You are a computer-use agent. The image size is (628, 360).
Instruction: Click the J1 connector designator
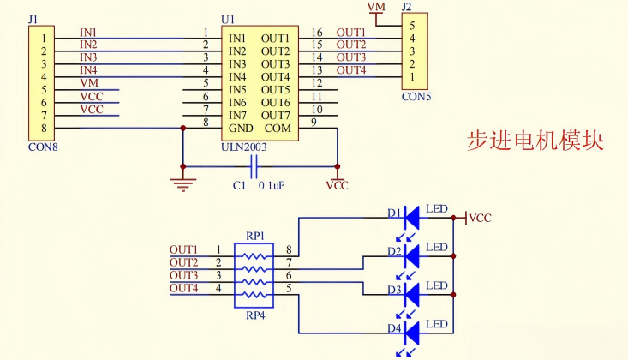pyautogui.click(x=33, y=18)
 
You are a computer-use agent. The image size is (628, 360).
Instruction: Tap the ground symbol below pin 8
pyautogui.click(x=182, y=181)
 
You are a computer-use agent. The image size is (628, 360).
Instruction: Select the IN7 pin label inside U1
pyautogui.click(x=237, y=116)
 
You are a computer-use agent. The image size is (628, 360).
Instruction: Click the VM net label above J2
pyautogui.click(x=375, y=7)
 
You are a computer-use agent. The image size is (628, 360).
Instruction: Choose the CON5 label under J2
pyautogui.click(x=416, y=97)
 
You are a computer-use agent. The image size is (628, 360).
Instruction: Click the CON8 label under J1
pyautogui.click(x=42, y=146)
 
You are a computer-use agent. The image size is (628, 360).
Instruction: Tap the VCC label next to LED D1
pyautogui.click(x=481, y=219)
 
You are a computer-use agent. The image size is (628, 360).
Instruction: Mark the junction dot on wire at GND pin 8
pyautogui.click(x=182, y=128)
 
